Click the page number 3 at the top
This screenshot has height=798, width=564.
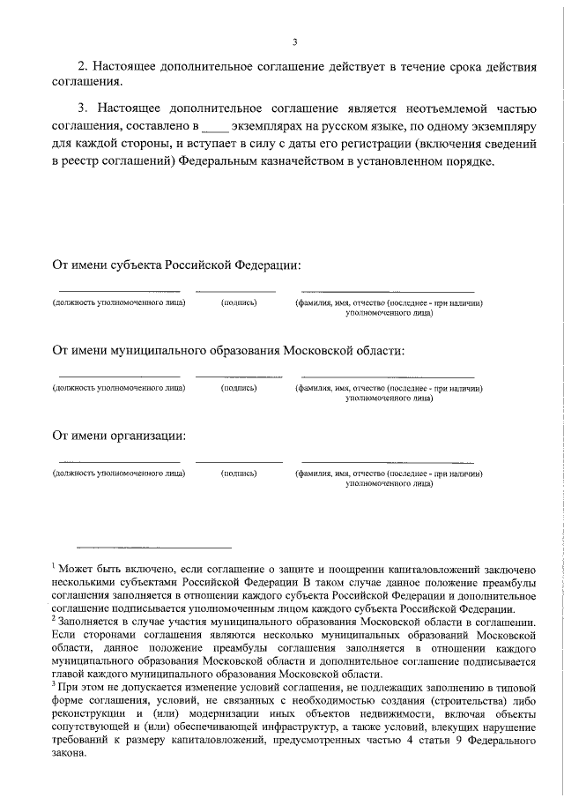pos(295,41)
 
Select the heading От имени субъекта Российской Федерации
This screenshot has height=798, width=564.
pos(176,265)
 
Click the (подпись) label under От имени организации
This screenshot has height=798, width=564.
pos(239,474)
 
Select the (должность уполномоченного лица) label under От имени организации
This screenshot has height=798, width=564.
pos(119,474)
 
